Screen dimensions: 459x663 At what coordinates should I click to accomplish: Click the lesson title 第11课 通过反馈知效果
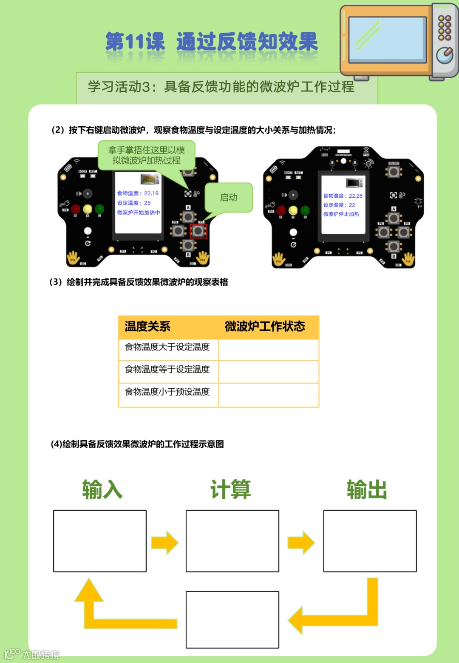click(211, 42)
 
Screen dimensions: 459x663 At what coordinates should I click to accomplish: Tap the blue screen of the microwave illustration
click(387, 40)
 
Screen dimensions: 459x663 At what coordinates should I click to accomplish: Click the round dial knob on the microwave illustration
click(445, 55)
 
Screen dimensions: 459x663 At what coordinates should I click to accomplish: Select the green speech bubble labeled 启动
click(229, 197)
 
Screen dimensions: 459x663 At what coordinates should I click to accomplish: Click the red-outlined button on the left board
click(198, 231)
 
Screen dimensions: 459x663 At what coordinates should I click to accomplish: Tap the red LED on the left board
click(76, 209)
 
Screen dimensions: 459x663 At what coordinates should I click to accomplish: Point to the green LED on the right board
click(305, 210)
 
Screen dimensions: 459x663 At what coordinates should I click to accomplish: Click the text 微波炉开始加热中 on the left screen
click(139, 212)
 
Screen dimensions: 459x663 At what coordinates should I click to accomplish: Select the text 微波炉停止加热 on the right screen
click(341, 214)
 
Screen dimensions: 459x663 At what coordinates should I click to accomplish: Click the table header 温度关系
click(147, 326)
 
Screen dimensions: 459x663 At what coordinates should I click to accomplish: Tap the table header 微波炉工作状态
click(265, 326)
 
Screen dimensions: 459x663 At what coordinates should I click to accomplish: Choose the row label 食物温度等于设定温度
click(167, 369)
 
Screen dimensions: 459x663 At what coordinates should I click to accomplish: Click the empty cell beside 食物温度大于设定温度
click(269, 350)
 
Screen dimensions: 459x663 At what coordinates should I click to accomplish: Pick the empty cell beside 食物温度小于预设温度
click(269, 395)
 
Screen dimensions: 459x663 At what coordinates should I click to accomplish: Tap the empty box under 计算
click(232, 541)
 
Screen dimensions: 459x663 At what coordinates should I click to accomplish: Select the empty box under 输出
click(370, 541)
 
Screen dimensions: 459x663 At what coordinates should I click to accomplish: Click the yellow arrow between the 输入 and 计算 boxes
click(165, 542)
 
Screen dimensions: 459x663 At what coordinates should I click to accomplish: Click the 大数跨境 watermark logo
click(32, 654)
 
